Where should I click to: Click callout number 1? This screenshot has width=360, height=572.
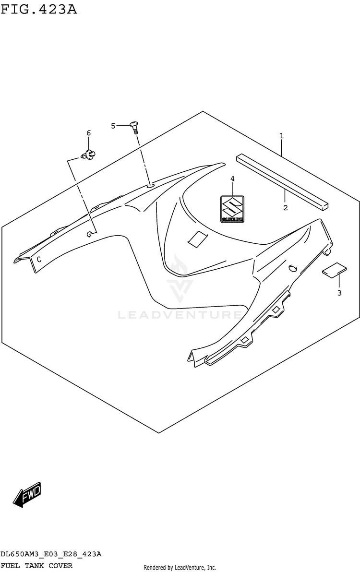pyautogui.click(x=281, y=136)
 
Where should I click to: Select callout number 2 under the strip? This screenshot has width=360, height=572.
pyautogui.click(x=285, y=208)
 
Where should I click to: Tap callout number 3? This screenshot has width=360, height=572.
pyautogui.click(x=339, y=293)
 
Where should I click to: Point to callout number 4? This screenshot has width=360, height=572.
pyautogui.click(x=232, y=179)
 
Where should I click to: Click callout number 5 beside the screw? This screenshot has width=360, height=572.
pyautogui.click(x=113, y=126)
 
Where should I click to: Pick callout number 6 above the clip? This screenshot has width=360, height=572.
pyautogui.click(x=88, y=132)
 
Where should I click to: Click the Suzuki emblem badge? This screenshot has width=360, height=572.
pyautogui.click(x=232, y=209)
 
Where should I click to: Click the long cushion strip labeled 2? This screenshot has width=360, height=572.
pyautogui.click(x=282, y=181)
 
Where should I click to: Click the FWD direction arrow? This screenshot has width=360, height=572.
pyautogui.click(x=27, y=494)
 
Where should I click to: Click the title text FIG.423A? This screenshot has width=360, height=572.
pyautogui.click(x=38, y=9)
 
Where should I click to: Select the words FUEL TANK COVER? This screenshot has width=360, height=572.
pyautogui.click(x=36, y=565)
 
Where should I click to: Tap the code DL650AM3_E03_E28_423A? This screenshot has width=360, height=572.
pyautogui.click(x=51, y=554)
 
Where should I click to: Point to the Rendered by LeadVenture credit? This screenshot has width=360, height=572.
pyautogui.click(x=180, y=567)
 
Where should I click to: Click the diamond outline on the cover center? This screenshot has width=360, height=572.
pyautogui.click(x=197, y=239)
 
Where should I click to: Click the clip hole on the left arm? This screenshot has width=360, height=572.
pyautogui.click(x=90, y=234)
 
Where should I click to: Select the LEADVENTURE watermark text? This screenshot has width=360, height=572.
pyautogui.click(x=180, y=315)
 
